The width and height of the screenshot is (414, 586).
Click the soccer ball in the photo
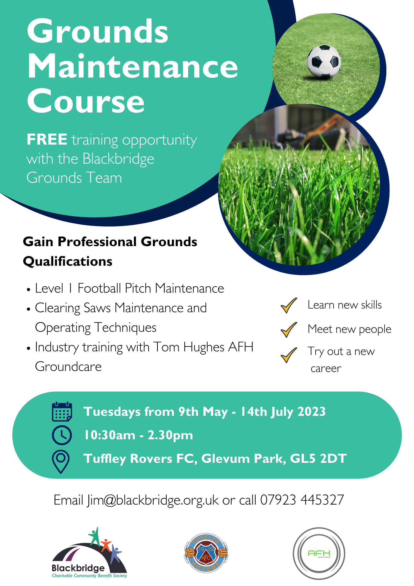click(324, 62)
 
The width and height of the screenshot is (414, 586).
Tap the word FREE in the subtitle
click(47, 139)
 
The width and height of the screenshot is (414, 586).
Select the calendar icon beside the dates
click(62, 412)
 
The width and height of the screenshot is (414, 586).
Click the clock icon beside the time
click(62, 435)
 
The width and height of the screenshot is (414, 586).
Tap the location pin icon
click(61, 461)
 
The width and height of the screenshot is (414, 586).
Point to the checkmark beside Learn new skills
click(289, 305)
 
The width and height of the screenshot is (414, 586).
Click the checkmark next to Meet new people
click(289, 329)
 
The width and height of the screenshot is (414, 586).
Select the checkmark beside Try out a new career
click(289, 355)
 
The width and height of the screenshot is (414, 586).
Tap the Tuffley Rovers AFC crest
click(206, 553)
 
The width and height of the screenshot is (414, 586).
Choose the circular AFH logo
click(319, 553)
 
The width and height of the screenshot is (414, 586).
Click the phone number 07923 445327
click(302, 500)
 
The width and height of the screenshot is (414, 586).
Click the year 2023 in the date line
click(311, 412)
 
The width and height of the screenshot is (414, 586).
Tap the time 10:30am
click(110, 435)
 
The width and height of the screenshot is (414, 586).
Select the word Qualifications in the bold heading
click(68, 261)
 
